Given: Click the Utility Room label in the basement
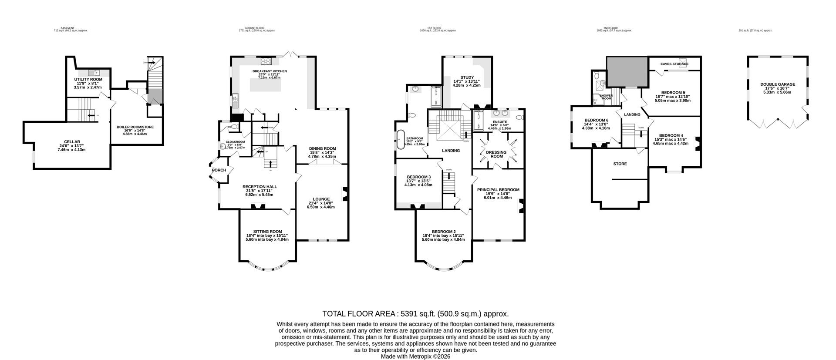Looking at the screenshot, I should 88,79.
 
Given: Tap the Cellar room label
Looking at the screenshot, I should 72,142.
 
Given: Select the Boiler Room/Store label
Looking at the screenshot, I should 135,127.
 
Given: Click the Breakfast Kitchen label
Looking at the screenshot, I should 270,71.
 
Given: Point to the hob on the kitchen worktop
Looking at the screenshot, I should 266,61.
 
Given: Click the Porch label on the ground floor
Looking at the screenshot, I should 219,170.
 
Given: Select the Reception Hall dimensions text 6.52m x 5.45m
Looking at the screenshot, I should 260,195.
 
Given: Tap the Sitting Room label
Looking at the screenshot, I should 267,232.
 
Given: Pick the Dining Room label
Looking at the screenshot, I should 322,148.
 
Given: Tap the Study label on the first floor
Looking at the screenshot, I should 461,77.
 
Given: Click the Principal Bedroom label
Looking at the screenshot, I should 498,190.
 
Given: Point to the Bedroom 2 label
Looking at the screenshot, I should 444,232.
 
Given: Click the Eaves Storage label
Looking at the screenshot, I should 674,64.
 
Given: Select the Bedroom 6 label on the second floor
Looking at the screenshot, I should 596,120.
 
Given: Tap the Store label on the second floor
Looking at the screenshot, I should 620,164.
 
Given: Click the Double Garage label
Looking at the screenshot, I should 778,84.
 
